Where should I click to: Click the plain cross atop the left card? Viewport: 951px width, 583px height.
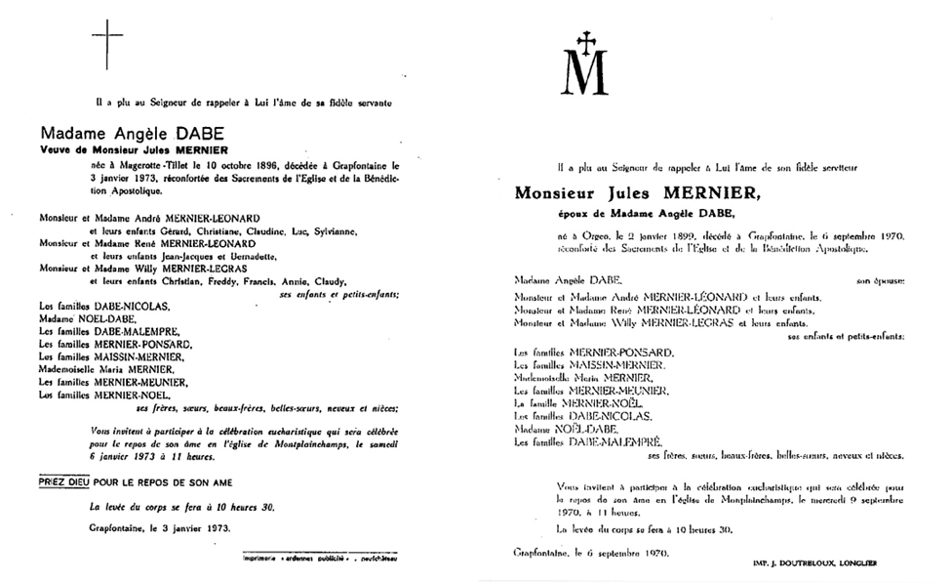point(106,43)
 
